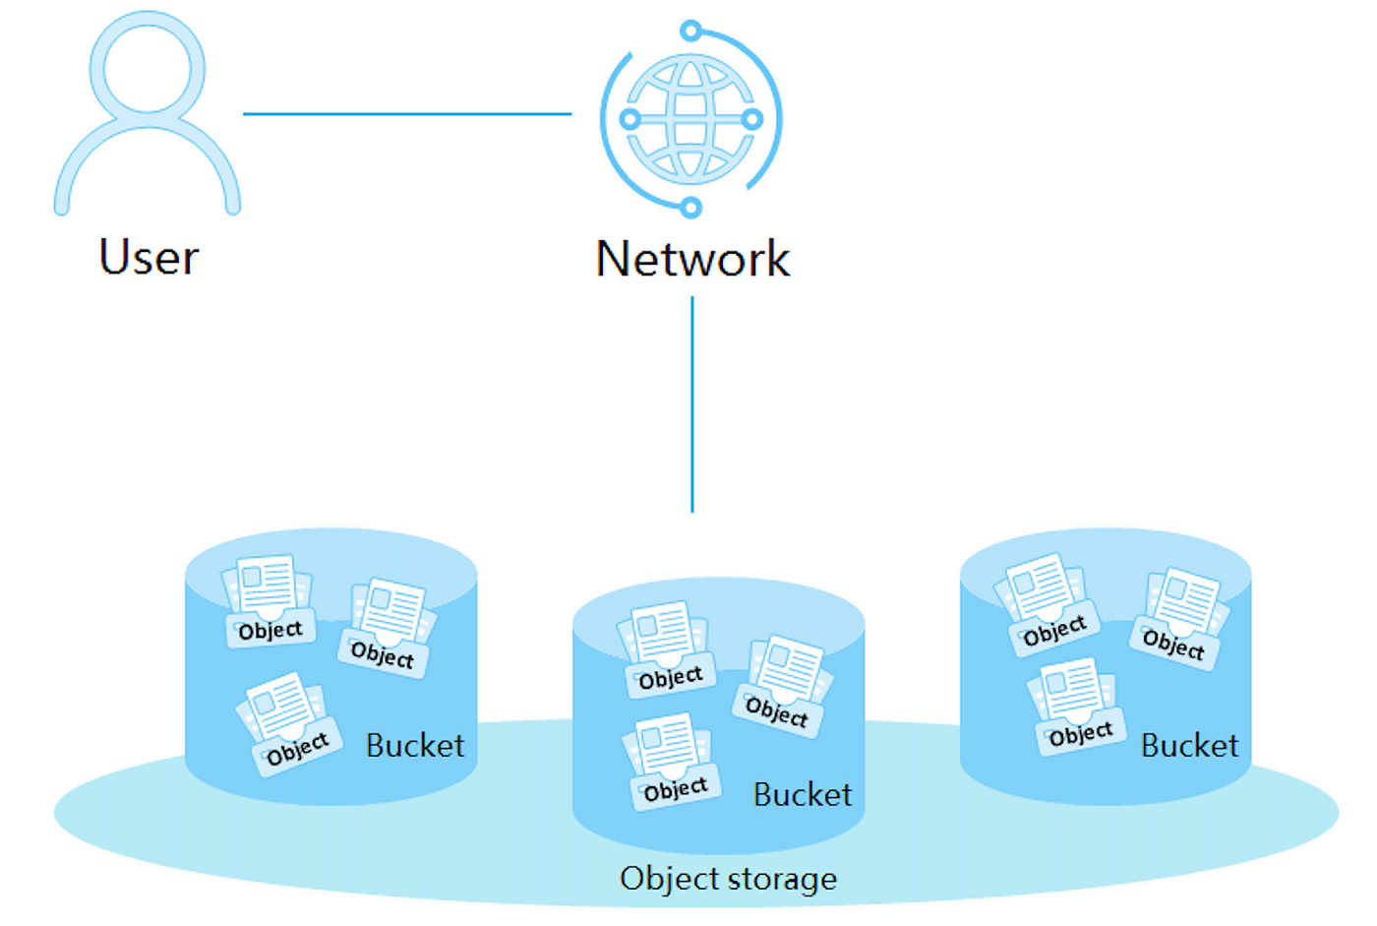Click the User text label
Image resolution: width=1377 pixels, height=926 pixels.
click(x=149, y=257)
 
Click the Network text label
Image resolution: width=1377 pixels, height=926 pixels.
click(x=692, y=259)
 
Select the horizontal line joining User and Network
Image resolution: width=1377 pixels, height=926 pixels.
click(x=407, y=114)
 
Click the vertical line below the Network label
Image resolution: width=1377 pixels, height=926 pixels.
click(x=692, y=404)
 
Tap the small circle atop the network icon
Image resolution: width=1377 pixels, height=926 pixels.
click(x=690, y=31)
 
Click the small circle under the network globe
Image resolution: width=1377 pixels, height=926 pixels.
click(x=690, y=208)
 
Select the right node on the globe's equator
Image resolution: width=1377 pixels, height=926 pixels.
click(x=751, y=119)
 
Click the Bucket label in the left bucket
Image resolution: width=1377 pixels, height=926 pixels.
click(x=415, y=746)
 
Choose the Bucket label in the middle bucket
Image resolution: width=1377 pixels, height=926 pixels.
click(x=803, y=794)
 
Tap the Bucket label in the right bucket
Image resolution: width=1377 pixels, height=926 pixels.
click(x=1190, y=746)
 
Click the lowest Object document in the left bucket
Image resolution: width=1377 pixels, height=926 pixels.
click(x=288, y=724)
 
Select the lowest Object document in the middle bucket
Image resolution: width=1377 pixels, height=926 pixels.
click(x=671, y=762)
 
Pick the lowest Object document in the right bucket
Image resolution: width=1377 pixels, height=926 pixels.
click(x=1077, y=707)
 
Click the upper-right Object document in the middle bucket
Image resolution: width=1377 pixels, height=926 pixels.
click(x=783, y=686)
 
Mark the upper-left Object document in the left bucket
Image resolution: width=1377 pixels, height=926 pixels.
click(x=268, y=600)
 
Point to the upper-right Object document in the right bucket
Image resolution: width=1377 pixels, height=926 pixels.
click(x=1179, y=619)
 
